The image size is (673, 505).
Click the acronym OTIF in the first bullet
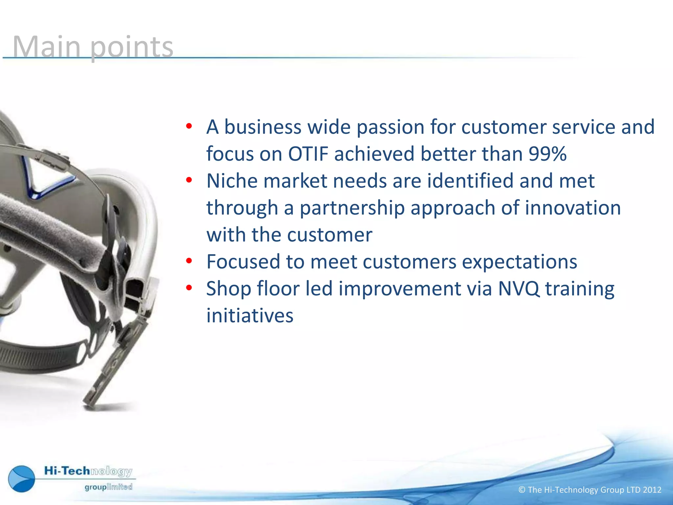tap(308, 154)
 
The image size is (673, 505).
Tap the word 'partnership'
tap(352, 208)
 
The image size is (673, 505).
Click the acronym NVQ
tap(519, 289)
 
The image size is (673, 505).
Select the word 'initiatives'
tap(250, 316)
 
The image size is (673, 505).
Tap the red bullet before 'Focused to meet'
tap(189, 261)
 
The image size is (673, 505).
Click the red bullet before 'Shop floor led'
tap(189, 288)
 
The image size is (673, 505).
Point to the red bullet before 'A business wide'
tap(189, 126)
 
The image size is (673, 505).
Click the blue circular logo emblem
tap(22, 479)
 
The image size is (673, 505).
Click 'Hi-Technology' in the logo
tap(88, 471)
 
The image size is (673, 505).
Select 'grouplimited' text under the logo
tap(108, 487)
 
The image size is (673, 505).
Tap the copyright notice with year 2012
tap(590, 490)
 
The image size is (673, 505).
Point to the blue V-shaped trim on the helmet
tap(49, 184)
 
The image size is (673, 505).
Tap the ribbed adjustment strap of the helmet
tap(36, 355)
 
